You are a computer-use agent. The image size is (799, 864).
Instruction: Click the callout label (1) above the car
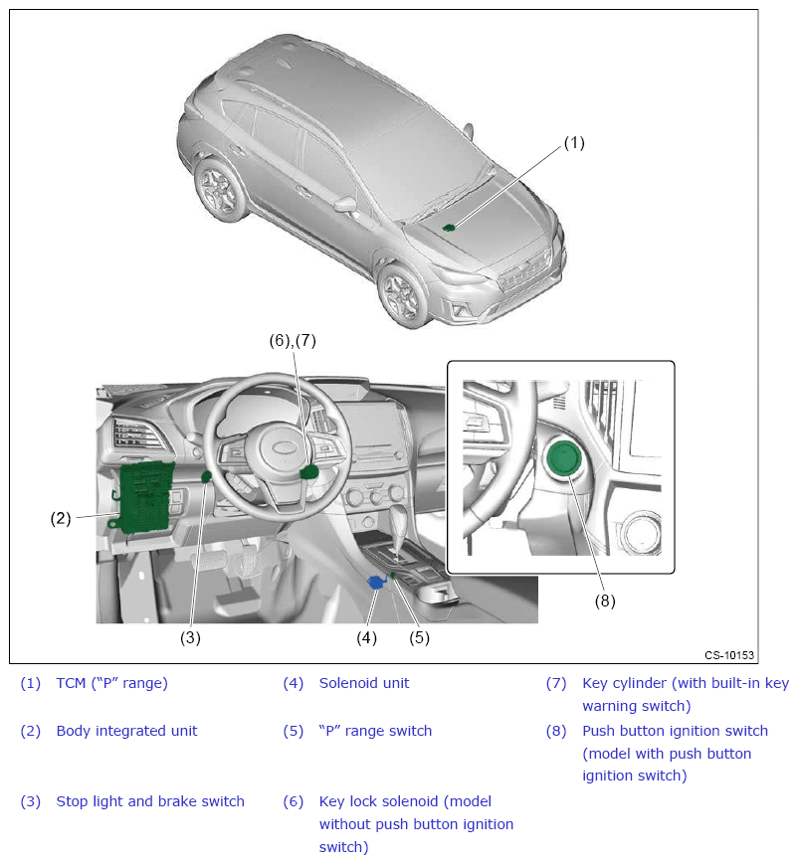[574, 142]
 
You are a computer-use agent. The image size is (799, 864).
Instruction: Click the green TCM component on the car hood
[450, 227]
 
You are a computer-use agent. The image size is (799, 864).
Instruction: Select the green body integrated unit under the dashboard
[143, 495]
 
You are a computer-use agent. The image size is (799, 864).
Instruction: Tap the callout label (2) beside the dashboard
[61, 517]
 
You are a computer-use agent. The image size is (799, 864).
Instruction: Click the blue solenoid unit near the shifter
[377, 583]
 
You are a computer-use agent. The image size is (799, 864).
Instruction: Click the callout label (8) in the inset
[605, 601]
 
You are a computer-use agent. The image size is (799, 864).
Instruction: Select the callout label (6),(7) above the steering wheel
[293, 340]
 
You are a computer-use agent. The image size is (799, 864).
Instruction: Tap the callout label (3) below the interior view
[190, 638]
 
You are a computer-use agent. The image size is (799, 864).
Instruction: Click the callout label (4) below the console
[367, 638]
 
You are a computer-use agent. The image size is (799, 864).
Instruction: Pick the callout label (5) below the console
[419, 638]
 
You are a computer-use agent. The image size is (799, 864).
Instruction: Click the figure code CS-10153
[729, 655]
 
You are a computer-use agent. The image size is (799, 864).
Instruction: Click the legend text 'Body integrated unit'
[126, 731]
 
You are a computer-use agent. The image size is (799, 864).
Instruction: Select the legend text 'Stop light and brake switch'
[150, 801]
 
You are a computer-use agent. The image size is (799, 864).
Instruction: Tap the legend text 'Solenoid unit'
[364, 683]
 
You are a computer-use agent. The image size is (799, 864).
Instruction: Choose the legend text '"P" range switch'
[375, 731]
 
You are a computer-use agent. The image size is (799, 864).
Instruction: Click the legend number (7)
[555, 683]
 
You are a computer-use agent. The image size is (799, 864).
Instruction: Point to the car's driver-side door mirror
[345, 204]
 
